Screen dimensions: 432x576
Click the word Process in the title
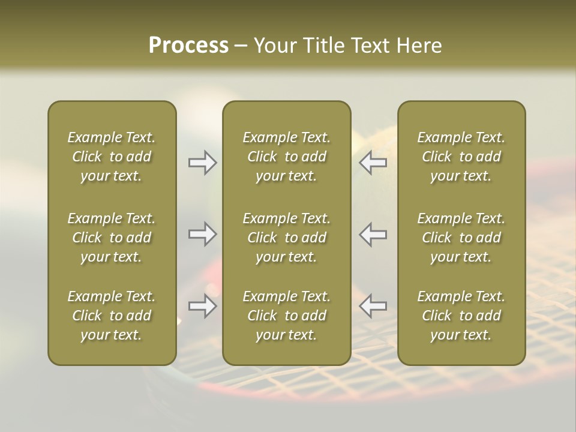click(x=188, y=46)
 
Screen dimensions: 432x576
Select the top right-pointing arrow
click(x=202, y=163)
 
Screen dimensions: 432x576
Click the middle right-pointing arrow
click(x=202, y=234)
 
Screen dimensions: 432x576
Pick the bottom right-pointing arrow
click(x=202, y=306)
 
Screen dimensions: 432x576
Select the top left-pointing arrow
click(x=373, y=163)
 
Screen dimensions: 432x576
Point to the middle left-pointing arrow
click(x=373, y=234)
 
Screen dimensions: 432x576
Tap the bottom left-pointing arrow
click(x=373, y=306)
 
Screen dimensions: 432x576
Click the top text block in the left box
click(x=112, y=157)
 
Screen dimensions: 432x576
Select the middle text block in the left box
click(x=112, y=238)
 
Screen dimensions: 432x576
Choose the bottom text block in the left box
click(x=112, y=316)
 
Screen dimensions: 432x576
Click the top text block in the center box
click(x=286, y=157)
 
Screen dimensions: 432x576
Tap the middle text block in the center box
click(x=286, y=238)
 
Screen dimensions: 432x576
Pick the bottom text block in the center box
click(x=286, y=316)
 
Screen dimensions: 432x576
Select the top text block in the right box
click(x=461, y=157)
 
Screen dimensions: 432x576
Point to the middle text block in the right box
click(x=461, y=238)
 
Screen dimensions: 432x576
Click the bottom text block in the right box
click(x=461, y=316)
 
